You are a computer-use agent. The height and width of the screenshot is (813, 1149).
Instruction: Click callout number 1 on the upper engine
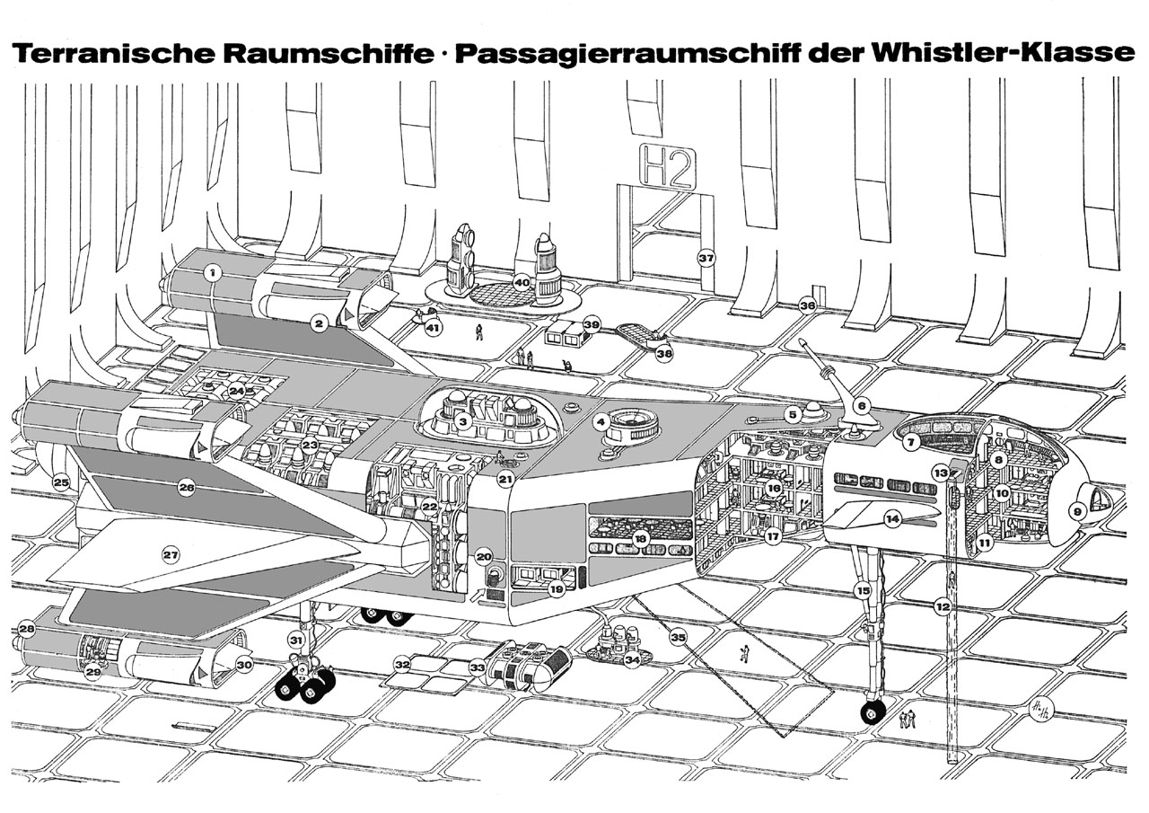click(x=212, y=272)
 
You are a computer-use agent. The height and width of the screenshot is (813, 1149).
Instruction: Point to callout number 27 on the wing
click(x=171, y=555)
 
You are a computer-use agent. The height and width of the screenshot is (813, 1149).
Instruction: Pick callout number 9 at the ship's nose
click(x=1078, y=511)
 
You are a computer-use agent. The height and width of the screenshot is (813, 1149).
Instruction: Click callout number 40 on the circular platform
click(x=522, y=283)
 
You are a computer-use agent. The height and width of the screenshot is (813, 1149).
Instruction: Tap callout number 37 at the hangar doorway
click(x=706, y=258)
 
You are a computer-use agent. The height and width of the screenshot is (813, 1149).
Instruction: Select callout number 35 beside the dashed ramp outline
click(x=678, y=638)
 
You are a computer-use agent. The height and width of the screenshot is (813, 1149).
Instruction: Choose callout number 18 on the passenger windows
click(x=640, y=538)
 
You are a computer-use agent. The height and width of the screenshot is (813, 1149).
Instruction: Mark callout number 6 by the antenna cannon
click(x=861, y=406)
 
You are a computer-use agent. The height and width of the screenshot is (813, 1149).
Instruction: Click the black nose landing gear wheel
click(x=871, y=713)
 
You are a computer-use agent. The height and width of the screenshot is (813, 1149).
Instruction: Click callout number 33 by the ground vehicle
click(x=478, y=667)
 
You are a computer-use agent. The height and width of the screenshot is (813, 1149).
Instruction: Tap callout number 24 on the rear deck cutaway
click(x=236, y=392)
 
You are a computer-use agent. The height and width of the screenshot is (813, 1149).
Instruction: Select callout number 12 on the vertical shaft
click(x=943, y=607)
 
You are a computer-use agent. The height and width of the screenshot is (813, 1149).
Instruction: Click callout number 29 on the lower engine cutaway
click(x=92, y=672)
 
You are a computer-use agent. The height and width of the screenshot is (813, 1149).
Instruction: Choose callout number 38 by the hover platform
click(x=664, y=354)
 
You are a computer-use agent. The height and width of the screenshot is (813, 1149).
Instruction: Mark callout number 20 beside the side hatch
click(x=484, y=556)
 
